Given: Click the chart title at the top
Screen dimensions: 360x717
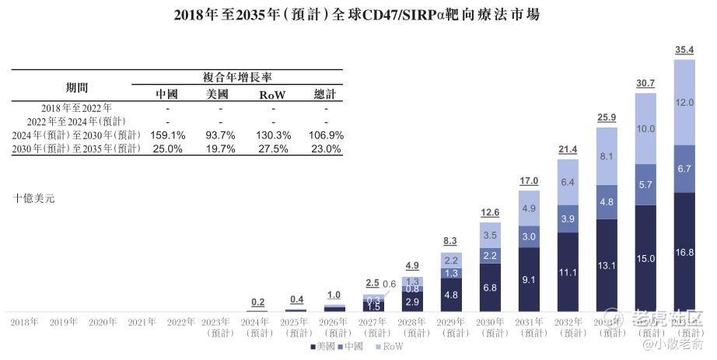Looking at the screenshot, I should point(357,13).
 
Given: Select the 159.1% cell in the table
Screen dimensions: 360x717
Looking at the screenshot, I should point(167,135).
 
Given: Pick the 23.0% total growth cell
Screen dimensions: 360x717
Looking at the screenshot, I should point(325,149).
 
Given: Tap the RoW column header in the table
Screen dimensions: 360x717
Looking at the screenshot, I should point(273,95).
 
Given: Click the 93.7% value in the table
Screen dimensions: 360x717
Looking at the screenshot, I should point(220,135).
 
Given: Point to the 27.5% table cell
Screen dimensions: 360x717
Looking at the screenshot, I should point(273,149).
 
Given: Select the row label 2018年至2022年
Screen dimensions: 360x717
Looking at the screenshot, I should point(76,107).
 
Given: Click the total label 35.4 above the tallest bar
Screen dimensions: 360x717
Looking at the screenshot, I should point(684,51).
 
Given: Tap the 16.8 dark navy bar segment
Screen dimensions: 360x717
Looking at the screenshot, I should point(684,252).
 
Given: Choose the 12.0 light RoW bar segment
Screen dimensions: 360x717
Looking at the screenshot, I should point(684,102).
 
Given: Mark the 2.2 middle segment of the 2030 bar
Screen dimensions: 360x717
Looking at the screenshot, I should point(490,255).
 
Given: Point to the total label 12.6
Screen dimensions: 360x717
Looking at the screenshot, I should point(490,213).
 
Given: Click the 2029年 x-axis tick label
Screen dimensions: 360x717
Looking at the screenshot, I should point(451,321).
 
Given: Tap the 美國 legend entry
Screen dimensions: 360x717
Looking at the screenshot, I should point(323,346).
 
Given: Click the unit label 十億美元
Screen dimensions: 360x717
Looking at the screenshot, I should point(34,198).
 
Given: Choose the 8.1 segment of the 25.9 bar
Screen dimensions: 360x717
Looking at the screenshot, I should point(607,156).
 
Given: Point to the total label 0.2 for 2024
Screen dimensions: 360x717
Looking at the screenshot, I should point(258,302).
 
